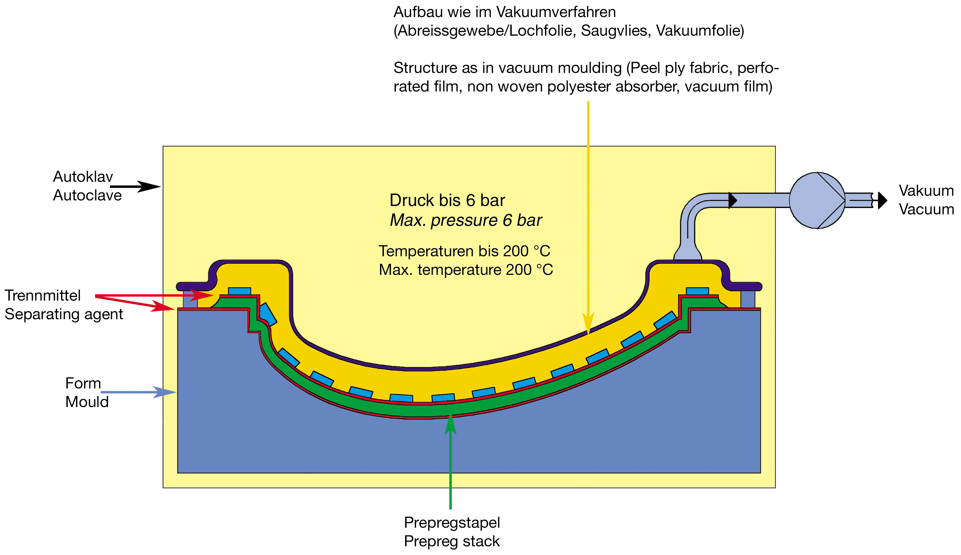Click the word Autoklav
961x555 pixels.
point(83,177)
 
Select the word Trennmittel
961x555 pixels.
point(43,295)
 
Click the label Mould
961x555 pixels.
point(87,402)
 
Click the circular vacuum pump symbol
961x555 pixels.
point(816,200)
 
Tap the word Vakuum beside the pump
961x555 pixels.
point(926,190)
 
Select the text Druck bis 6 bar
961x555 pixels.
point(447,200)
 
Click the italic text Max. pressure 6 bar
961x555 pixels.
point(465,220)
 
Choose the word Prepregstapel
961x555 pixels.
point(452,523)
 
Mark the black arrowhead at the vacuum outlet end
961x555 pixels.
point(882,200)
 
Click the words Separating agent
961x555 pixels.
point(64,314)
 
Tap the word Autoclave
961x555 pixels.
point(87,195)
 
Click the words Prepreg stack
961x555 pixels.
point(452,541)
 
